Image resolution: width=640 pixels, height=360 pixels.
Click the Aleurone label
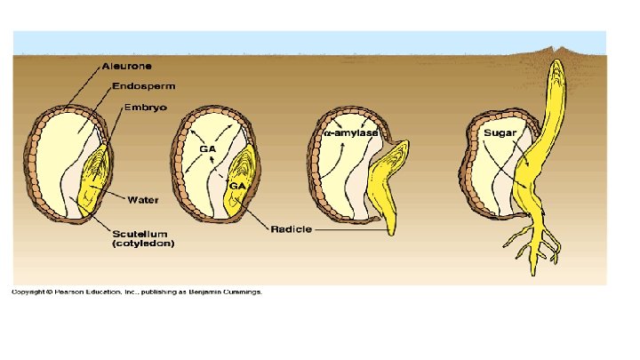[125, 66]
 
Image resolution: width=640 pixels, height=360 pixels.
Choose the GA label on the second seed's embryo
[237, 186]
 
